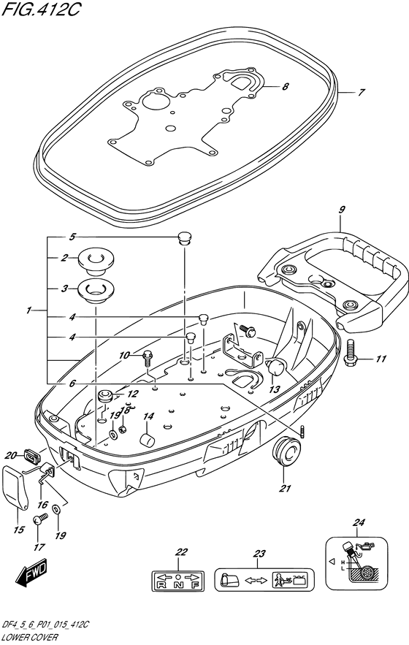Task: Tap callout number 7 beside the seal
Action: coord(360,93)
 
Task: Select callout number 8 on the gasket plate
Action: coord(285,87)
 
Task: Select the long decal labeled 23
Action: coord(261,581)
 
